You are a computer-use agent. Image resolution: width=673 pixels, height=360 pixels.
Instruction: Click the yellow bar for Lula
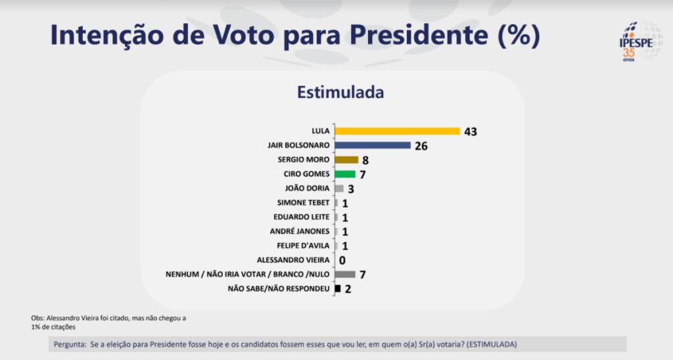click(397, 131)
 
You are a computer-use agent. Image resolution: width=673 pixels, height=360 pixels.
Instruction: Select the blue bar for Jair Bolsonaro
click(373, 145)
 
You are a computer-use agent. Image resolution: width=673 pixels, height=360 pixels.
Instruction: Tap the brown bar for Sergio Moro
click(346, 160)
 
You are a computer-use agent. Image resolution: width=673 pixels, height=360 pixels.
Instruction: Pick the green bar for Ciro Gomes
click(345, 174)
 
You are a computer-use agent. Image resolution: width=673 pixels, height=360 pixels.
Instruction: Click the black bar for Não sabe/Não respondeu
click(338, 288)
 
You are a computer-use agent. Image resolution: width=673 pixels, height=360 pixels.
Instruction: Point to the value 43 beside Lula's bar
click(470, 131)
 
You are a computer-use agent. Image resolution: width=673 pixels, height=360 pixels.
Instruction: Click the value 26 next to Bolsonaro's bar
click(421, 146)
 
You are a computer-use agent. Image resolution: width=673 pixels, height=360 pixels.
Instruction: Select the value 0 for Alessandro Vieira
click(342, 260)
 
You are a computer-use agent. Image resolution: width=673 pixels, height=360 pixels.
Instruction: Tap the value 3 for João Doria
click(352, 189)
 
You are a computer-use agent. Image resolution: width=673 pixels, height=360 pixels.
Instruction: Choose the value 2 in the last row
click(348, 289)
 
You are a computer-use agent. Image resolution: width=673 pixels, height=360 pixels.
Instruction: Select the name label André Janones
click(300, 231)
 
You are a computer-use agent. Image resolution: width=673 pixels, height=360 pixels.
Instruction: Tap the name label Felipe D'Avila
click(301, 246)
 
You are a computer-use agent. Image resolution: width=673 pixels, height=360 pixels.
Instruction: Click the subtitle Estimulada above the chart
click(340, 92)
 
